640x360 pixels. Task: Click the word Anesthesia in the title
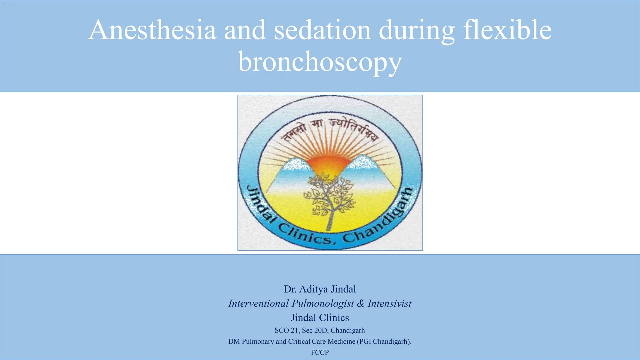[152, 30]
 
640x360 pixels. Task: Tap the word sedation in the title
[322, 30]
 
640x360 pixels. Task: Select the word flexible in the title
[507, 30]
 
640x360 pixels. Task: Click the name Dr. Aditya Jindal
[320, 289]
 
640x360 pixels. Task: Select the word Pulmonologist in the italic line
[322, 303]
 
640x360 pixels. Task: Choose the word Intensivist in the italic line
[389, 303]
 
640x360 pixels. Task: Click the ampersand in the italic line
[361, 303]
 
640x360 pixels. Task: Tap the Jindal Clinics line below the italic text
[320, 317]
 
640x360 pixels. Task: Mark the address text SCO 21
[286, 330]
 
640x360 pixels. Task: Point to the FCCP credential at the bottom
[320, 352]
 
